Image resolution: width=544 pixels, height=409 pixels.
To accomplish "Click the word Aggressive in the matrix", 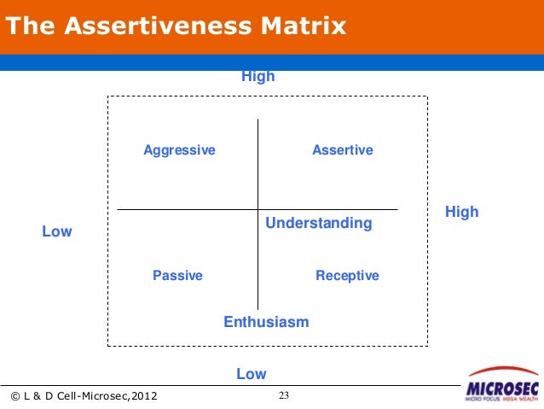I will [x=179, y=150].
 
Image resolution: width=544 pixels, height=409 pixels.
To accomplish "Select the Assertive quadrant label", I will [x=343, y=150].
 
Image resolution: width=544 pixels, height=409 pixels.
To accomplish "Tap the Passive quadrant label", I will [x=177, y=276].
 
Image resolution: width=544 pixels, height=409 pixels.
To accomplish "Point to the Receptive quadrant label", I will [x=347, y=276].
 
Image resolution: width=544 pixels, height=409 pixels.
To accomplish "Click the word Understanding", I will [x=319, y=224].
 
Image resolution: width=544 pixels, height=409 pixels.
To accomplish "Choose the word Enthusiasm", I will [x=266, y=322].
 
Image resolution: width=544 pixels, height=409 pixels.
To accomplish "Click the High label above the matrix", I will [x=258, y=77].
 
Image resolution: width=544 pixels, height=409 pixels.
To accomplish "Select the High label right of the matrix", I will [x=461, y=212].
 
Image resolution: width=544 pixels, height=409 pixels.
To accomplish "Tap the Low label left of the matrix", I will [x=57, y=231].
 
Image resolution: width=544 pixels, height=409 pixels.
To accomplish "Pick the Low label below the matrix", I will [x=251, y=374].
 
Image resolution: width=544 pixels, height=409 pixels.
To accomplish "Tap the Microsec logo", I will [x=502, y=385].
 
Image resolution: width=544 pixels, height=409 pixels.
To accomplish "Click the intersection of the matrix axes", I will [x=258, y=209].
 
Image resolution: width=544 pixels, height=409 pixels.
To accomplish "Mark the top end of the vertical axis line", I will [x=258, y=120].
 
